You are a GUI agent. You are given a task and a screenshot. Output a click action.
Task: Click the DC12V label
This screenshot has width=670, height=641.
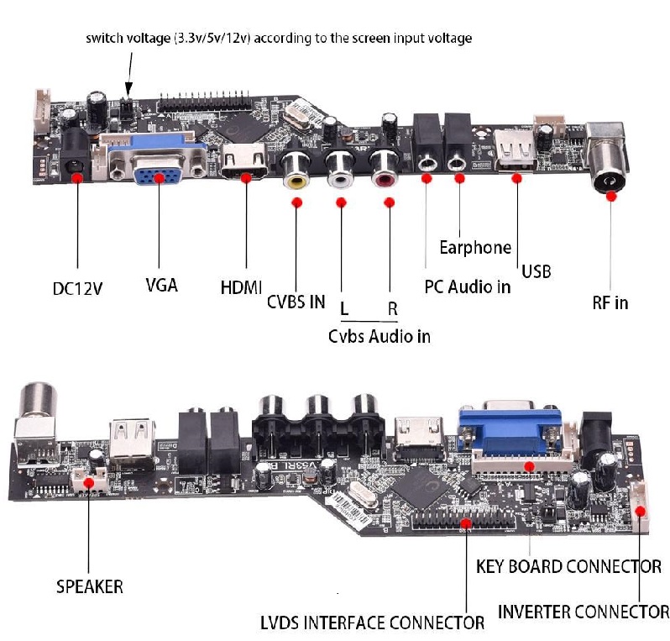(x=77, y=288)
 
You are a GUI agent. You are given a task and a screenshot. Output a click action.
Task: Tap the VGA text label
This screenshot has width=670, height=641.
(x=161, y=284)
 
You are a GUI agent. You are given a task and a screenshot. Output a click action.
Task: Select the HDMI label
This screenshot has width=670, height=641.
(x=241, y=286)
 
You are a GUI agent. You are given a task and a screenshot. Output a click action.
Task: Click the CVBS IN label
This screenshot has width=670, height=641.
(x=296, y=302)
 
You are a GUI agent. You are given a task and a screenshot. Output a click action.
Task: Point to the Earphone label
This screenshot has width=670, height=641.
(x=475, y=247)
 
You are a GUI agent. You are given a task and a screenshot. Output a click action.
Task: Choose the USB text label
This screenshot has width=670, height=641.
(x=537, y=271)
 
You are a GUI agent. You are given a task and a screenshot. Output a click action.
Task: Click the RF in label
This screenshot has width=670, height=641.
(x=610, y=302)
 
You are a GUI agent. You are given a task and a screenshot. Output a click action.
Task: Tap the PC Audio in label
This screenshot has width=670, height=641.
(x=468, y=286)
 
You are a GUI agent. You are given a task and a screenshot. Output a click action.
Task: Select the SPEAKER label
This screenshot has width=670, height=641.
(x=89, y=586)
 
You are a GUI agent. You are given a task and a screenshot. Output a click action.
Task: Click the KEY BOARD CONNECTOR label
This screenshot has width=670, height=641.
(x=568, y=566)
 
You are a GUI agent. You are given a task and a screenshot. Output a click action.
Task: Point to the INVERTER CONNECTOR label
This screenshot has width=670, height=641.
(x=584, y=611)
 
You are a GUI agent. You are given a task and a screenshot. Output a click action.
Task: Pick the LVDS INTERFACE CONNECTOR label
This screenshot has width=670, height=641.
(x=373, y=623)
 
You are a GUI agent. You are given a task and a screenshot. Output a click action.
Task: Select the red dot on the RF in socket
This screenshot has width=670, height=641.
(x=610, y=196)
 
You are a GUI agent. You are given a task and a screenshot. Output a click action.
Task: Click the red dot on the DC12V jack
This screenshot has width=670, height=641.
(x=77, y=178)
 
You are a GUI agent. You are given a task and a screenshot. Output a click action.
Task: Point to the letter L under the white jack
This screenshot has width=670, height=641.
(x=344, y=308)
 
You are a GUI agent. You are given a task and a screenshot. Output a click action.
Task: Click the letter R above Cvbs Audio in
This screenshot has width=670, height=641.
(x=392, y=308)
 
